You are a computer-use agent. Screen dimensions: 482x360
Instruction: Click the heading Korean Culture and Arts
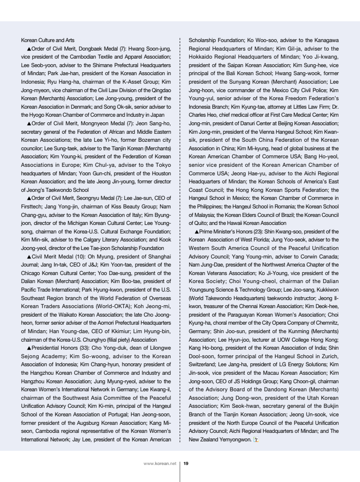click(48, 41)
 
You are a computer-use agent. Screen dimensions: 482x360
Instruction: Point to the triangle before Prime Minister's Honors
click(197, 232)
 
